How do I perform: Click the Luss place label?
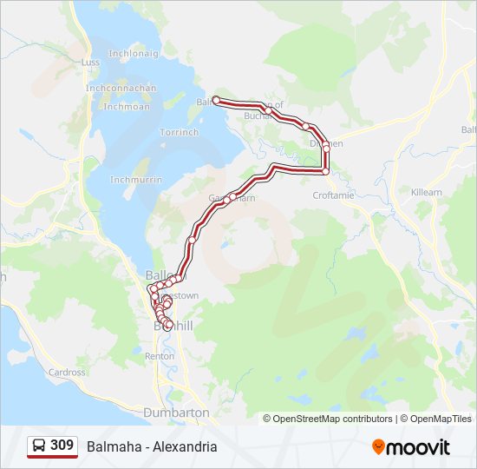click(x=90, y=63)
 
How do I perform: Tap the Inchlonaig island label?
click(x=133, y=53)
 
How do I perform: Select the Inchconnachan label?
click(x=121, y=88)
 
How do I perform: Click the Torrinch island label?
click(x=179, y=132)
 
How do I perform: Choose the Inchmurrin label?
click(x=136, y=180)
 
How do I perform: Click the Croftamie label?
click(x=333, y=195)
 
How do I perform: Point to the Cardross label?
click(x=67, y=373)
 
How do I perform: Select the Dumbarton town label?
click(x=177, y=412)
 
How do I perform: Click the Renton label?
click(x=160, y=356)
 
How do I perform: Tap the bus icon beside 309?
click(x=39, y=446)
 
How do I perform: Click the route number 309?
click(x=62, y=446)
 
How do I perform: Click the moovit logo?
click(x=411, y=447)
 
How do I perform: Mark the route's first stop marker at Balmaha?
click(x=216, y=100)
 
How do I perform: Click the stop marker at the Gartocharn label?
click(x=227, y=198)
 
